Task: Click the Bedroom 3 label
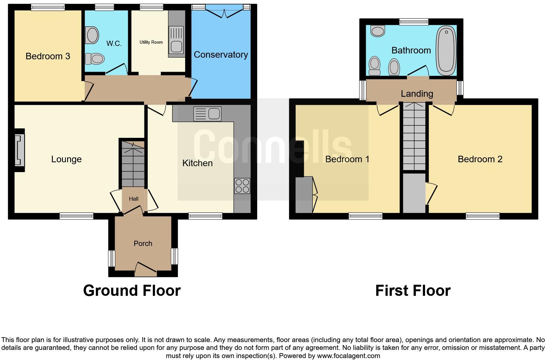48,56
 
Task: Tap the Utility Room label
151,42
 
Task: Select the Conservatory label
221,55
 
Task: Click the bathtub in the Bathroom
446,50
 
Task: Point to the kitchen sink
207,114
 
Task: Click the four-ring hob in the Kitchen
242,186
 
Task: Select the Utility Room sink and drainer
176,40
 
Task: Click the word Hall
134,199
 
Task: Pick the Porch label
143,244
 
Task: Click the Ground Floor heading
132,291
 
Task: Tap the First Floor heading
413,291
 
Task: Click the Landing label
417,94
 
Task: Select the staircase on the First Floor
414,136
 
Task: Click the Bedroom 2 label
480,159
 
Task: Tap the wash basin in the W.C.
92,35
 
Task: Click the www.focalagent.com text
348,356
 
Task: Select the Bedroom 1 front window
365,216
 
